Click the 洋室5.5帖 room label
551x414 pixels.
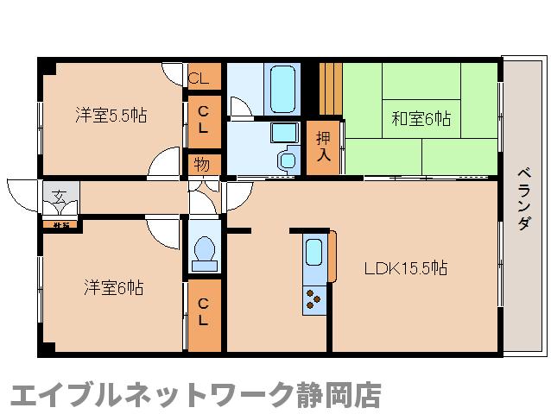[x=111, y=116]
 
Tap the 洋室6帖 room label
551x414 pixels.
[x=113, y=287]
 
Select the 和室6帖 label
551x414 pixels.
[x=421, y=118]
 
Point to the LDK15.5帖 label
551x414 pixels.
[x=404, y=267]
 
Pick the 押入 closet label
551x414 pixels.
[x=324, y=146]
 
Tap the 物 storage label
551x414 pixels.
[x=201, y=163]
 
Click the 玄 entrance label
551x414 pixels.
[x=59, y=196]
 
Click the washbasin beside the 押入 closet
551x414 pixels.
[x=283, y=134]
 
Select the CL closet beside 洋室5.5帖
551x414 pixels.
[x=203, y=116]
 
